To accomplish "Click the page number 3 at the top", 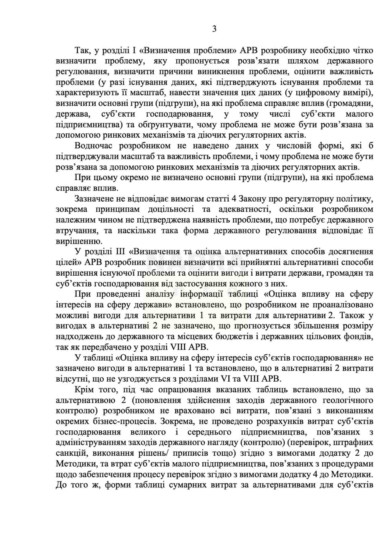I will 214,29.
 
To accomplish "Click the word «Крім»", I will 84,390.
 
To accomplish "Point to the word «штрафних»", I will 355,443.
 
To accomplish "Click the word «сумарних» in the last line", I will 188,485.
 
